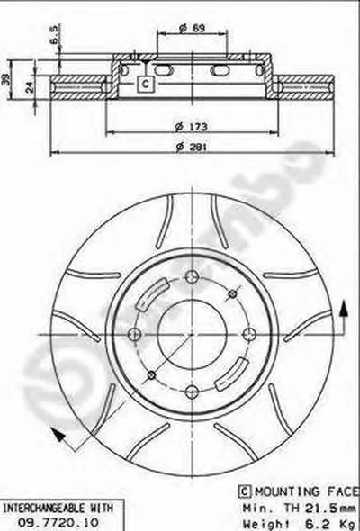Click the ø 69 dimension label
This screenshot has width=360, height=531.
coord(193,28)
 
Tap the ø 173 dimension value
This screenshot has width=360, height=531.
coord(192,127)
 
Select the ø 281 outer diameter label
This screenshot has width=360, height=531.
coord(192,148)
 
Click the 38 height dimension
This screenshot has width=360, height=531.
coord(5,81)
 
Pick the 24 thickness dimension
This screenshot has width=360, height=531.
coord(31,87)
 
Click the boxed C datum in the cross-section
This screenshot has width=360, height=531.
coord(145,84)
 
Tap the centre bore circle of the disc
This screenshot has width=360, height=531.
coord(192,334)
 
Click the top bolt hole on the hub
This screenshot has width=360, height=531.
coord(192,276)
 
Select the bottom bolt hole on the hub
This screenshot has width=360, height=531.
coord(192,392)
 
